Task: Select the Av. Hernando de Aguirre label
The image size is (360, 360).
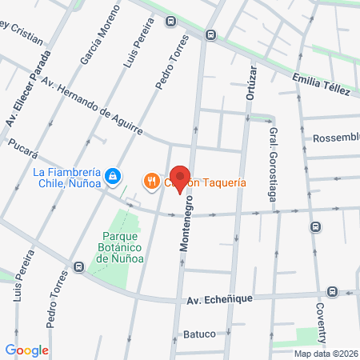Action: point(91,106)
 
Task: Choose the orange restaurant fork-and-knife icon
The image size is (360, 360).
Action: point(150,182)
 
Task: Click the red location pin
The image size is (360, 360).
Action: point(180,178)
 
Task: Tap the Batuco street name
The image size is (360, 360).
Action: point(199,334)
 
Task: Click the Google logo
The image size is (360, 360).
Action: point(26,350)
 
